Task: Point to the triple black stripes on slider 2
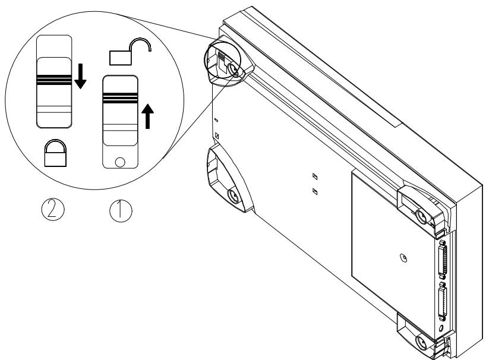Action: click(x=53, y=79)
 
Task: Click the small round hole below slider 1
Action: click(x=121, y=160)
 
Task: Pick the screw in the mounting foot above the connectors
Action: click(x=423, y=214)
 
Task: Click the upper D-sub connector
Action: click(x=443, y=258)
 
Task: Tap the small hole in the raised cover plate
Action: click(x=403, y=258)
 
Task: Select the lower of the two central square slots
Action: click(x=315, y=191)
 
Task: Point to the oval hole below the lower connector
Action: click(x=442, y=327)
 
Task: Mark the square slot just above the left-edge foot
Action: click(x=216, y=136)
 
